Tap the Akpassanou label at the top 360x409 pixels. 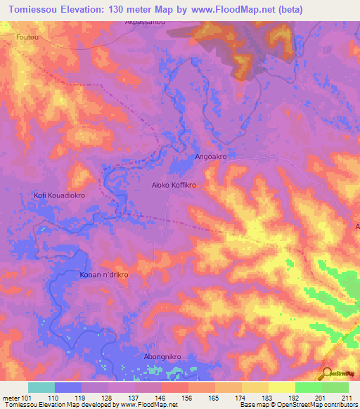[x=145, y=22]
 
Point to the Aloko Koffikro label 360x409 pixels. [x=174, y=186]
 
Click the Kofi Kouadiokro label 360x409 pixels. [x=60, y=196]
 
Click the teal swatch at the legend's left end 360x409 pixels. [x=41, y=387]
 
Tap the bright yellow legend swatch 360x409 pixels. [x=281, y=387]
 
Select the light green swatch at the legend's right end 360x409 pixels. [x=335, y=387]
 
